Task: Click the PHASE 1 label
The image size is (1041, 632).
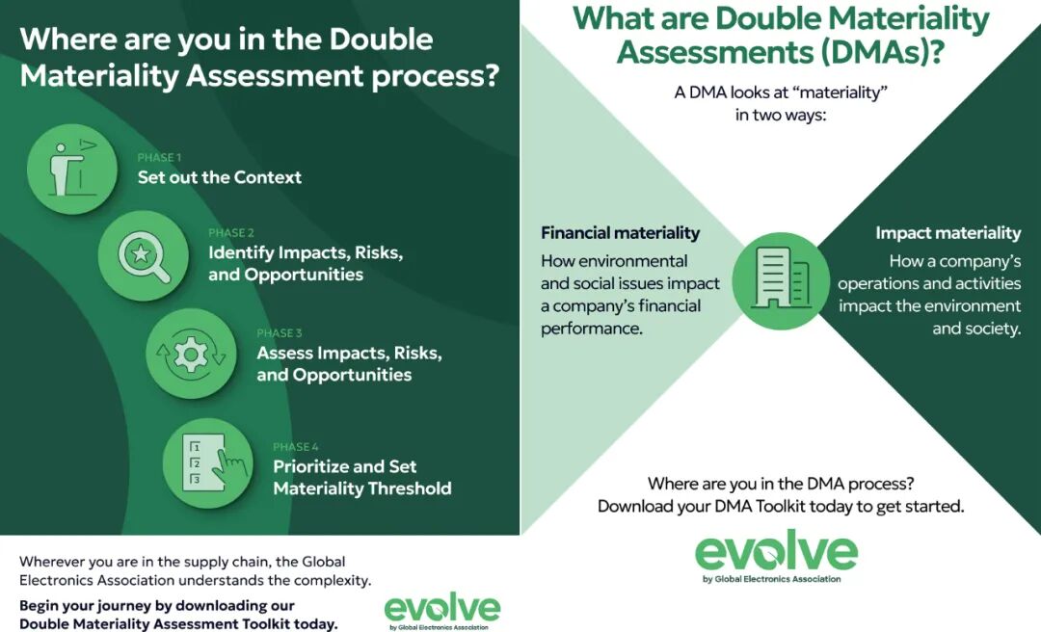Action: (x=159, y=157)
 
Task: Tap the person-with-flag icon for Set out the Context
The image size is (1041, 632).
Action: (x=71, y=169)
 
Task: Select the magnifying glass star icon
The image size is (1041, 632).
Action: (x=144, y=256)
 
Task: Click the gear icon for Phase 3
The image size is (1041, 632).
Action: (x=191, y=354)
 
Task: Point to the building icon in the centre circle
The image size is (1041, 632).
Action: (x=782, y=279)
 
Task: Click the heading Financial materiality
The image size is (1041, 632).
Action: (x=620, y=233)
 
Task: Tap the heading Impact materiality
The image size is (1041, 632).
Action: (x=948, y=233)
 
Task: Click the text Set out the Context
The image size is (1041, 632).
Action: (x=220, y=177)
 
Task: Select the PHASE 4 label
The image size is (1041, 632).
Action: (x=296, y=447)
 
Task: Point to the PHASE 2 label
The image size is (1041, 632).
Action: (x=231, y=233)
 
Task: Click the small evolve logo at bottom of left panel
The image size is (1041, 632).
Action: (x=442, y=611)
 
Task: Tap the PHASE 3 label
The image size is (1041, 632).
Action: (x=280, y=333)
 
